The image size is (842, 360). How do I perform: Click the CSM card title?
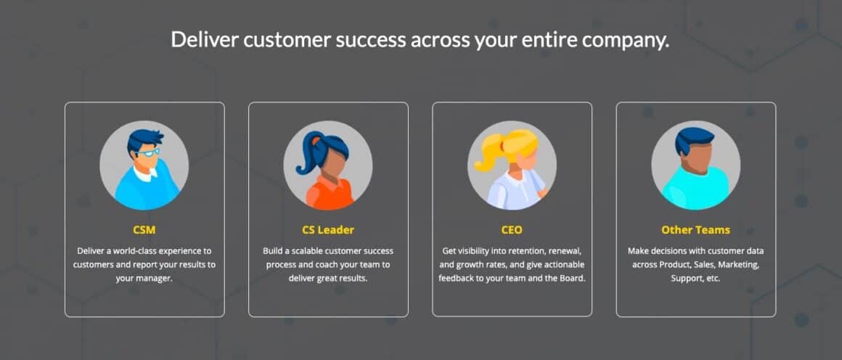(x=144, y=231)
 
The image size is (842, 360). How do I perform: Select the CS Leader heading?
(x=328, y=231)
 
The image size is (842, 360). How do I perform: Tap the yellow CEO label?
(x=512, y=231)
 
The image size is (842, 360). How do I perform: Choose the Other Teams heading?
(x=695, y=231)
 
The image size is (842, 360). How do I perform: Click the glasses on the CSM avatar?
(x=148, y=152)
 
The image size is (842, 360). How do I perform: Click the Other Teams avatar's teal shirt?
(x=695, y=188)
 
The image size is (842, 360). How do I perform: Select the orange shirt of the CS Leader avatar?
(x=330, y=194)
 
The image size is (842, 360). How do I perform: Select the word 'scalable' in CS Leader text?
(x=311, y=251)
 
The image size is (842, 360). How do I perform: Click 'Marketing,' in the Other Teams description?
(x=740, y=265)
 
